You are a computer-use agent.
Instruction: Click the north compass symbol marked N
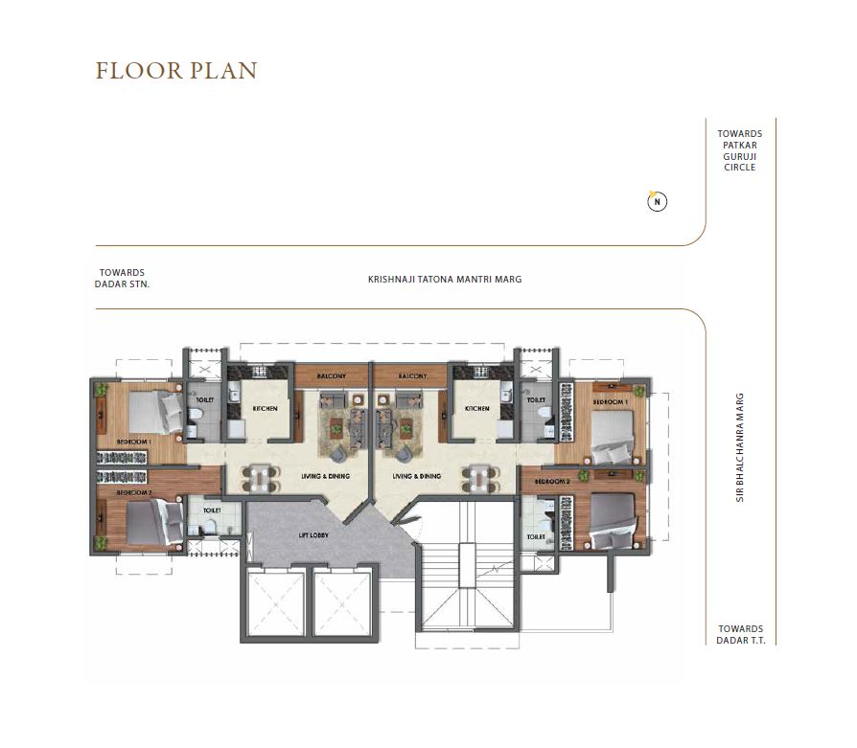pyautogui.click(x=657, y=201)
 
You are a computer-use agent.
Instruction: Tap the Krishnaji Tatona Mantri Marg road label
pyautogui.click(x=445, y=280)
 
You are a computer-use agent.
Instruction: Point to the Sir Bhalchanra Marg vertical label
pyautogui.click(x=741, y=447)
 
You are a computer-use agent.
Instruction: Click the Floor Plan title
pyautogui.click(x=176, y=72)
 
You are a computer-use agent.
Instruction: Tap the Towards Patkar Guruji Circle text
pyautogui.click(x=739, y=150)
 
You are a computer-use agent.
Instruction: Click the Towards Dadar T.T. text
pyautogui.click(x=739, y=634)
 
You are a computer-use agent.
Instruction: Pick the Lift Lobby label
pyautogui.click(x=314, y=535)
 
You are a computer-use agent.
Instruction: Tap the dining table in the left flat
pyautogui.click(x=261, y=476)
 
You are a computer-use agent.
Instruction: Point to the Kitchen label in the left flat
pyautogui.click(x=265, y=409)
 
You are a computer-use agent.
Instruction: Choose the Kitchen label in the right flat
pyautogui.click(x=476, y=409)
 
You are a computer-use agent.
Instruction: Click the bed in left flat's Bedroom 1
pyautogui.click(x=153, y=413)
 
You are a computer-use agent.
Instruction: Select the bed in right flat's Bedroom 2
pyautogui.click(x=612, y=518)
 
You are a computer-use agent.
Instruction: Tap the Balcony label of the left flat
pyautogui.click(x=332, y=376)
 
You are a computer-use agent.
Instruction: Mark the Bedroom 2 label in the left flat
pyautogui.click(x=134, y=492)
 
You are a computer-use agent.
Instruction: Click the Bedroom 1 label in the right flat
pyautogui.click(x=611, y=402)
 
